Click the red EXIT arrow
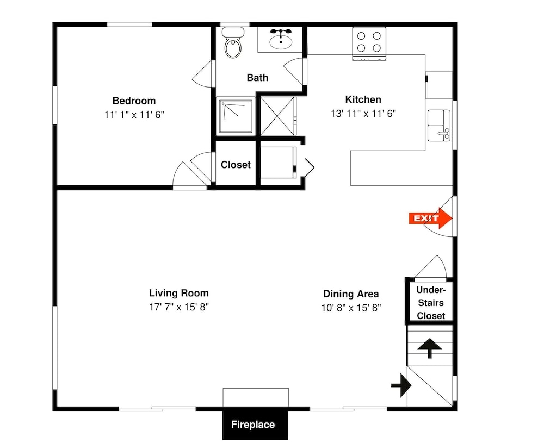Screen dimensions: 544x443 [430, 219]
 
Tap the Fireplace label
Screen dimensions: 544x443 [253, 425]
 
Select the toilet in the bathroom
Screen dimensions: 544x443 [233, 42]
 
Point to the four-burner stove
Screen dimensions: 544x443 [369, 43]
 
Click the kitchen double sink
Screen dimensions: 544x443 [439, 126]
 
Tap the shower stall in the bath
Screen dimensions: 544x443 [236, 116]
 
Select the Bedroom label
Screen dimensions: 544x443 [134, 101]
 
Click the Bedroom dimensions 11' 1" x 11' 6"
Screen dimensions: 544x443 [134, 115]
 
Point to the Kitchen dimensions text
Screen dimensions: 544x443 [363, 114]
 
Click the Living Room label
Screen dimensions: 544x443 [179, 294]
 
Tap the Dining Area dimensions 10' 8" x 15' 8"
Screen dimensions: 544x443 [351, 308]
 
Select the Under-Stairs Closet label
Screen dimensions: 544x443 [430, 303]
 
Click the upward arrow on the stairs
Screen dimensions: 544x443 [430, 348]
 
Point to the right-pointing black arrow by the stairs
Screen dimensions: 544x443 [401, 385]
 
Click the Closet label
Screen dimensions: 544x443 [236, 165]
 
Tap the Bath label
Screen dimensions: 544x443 [257, 78]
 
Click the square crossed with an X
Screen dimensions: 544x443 [278, 116]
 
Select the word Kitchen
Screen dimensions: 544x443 [363, 99]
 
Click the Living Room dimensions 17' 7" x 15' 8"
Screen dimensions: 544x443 [179, 307]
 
